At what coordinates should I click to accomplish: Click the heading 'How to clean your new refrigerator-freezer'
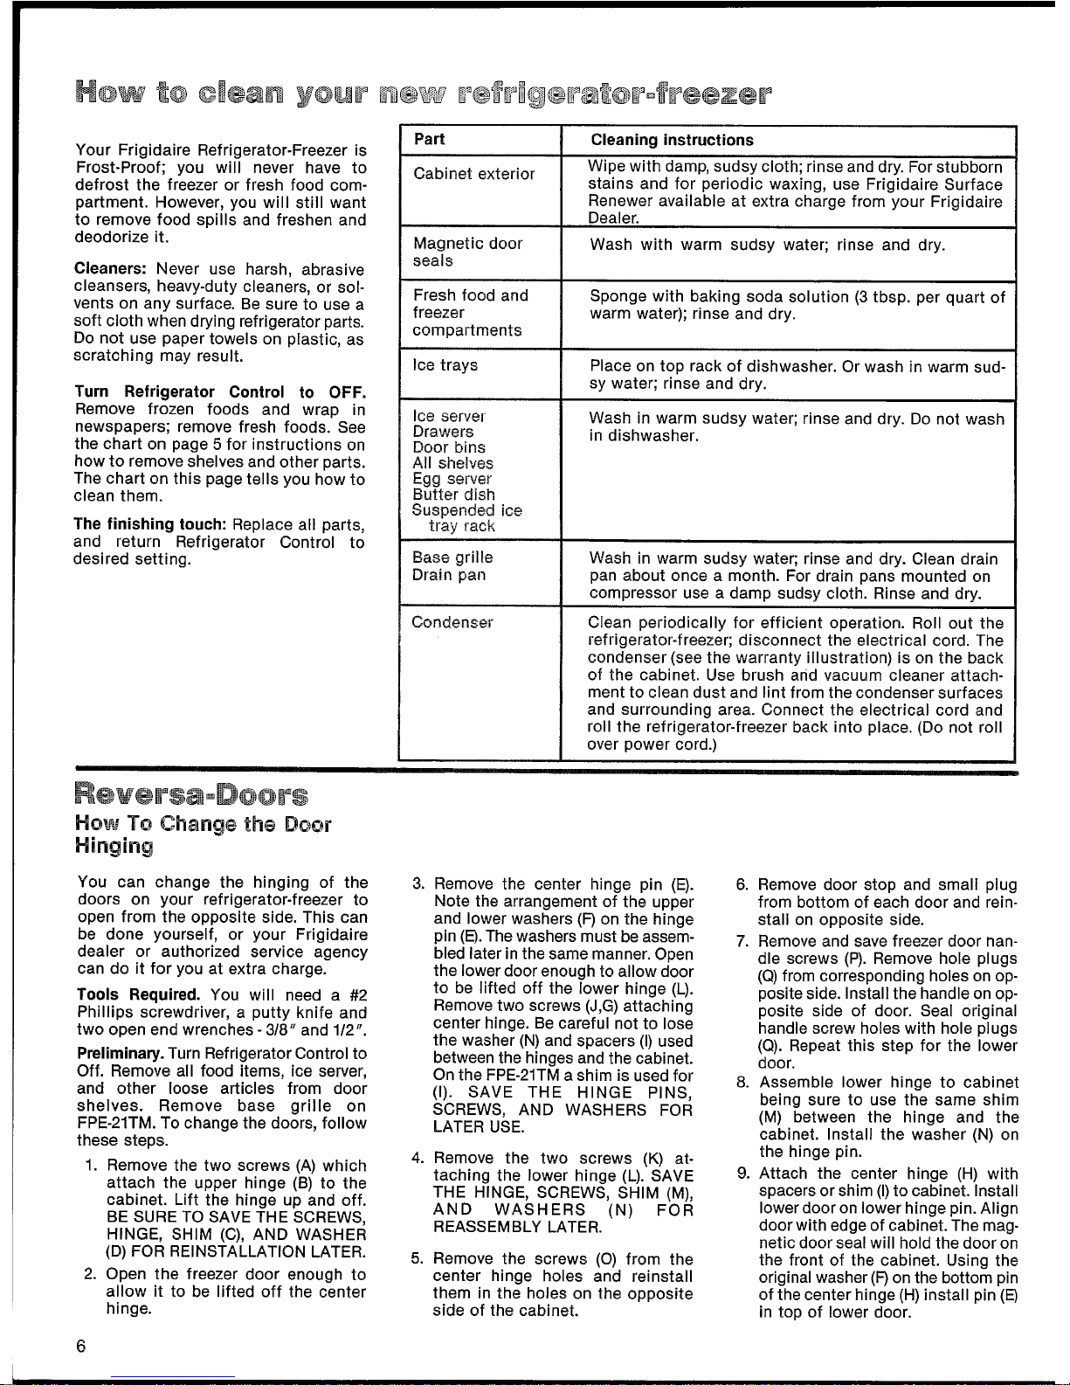point(424,92)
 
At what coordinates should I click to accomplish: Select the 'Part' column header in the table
point(429,139)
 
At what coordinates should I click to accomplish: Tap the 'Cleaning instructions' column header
point(672,140)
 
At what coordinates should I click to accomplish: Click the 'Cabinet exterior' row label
point(473,174)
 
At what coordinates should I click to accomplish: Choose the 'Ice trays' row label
point(445,365)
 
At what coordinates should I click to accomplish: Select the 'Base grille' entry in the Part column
point(452,557)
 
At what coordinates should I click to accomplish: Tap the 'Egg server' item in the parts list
point(452,479)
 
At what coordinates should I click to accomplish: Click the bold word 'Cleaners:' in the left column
point(109,270)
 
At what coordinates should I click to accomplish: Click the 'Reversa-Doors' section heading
point(191,795)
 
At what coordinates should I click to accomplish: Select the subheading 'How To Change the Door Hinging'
point(203,834)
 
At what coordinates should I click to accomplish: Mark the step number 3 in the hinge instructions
point(418,884)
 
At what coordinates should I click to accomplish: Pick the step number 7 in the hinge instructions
point(742,942)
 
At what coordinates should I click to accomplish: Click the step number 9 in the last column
point(742,1174)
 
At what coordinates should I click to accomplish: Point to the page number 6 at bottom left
point(81,1347)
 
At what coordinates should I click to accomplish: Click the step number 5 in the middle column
point(418,1259)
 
